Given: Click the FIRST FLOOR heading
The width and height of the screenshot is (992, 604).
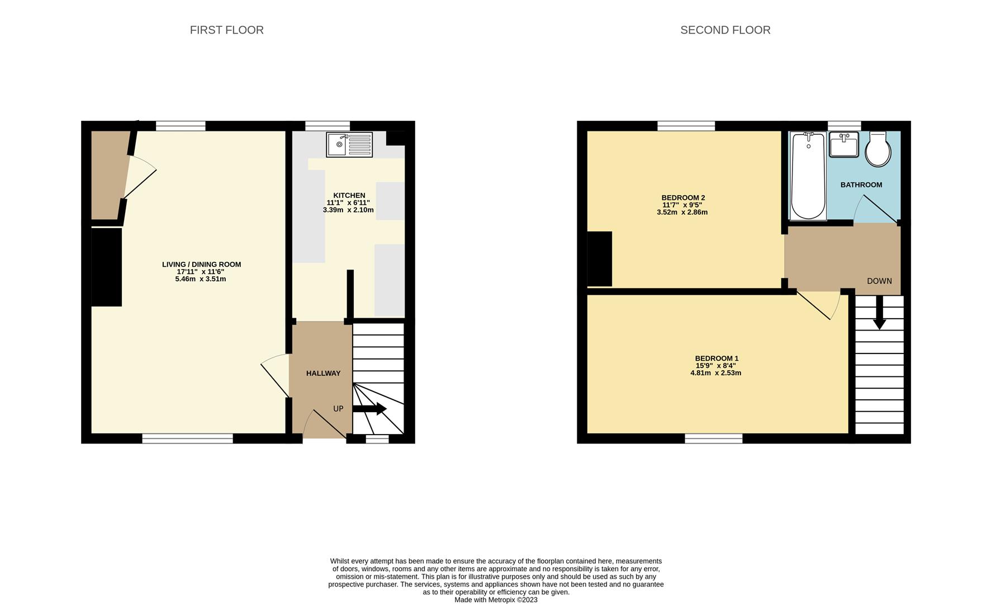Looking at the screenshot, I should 226,30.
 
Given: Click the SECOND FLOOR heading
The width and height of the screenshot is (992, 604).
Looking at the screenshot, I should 725,30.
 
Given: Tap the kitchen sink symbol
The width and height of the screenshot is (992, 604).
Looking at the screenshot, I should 349,145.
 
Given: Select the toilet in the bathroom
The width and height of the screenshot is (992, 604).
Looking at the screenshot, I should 878,149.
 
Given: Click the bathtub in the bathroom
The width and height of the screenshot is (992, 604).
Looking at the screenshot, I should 808,176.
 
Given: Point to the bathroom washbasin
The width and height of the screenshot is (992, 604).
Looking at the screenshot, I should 843,145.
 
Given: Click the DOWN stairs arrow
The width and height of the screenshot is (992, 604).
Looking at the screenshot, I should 880,313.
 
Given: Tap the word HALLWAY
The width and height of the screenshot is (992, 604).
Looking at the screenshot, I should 323,373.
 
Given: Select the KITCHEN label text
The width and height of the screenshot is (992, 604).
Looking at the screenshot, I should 349,195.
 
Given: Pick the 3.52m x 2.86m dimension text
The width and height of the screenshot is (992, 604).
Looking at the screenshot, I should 682,213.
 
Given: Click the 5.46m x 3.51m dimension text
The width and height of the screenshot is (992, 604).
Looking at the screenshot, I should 201,279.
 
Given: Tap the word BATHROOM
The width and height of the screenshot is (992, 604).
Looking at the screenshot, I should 861,185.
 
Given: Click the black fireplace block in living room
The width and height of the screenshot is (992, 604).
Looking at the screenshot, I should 106,267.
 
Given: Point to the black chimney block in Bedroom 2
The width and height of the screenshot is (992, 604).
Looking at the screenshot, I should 599,259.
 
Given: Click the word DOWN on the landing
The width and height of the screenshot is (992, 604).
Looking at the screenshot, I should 879,281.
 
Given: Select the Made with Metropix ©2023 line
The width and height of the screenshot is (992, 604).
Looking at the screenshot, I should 496,600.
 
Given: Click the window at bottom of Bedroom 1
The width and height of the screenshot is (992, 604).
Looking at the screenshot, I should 714,438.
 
